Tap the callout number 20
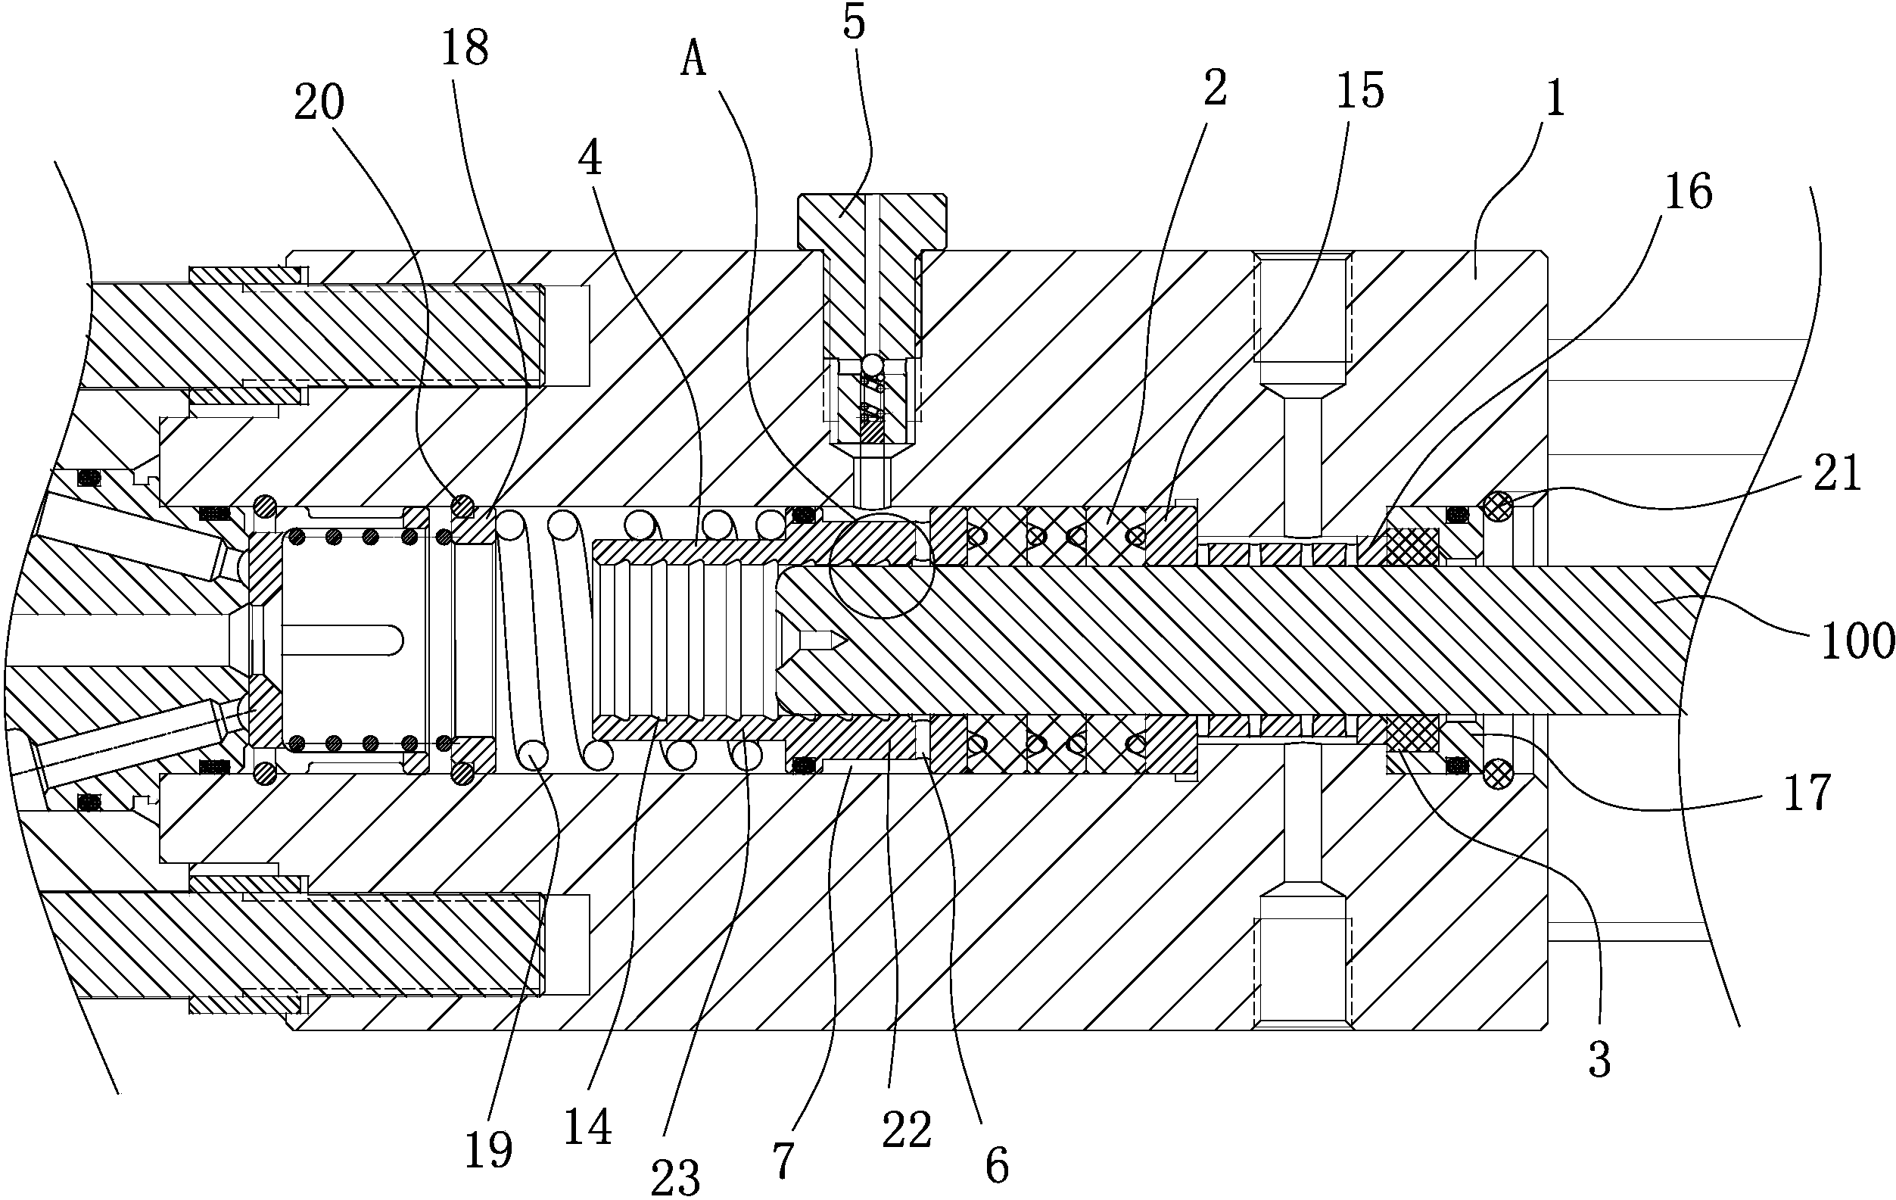(319, 103)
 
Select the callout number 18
(465, 48)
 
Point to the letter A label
(693, 61)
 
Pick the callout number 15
(1360, 92)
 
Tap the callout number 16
(1688, 192)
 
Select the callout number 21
(1838, 474)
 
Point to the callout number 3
(1599, 1060)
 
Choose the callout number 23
(676, 1177)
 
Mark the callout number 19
(488, 1150)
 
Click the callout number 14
(587, 1127)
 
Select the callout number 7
(783, 1161)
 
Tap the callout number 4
(590, 159)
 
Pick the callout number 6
(997, 1166)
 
